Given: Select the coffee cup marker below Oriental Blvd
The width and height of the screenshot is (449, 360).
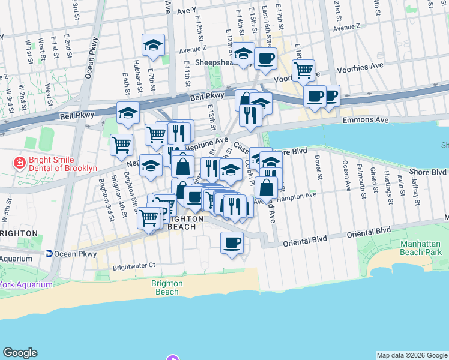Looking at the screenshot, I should click(232, 242).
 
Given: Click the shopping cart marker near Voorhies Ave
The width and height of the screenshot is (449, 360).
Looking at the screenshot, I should click(303, 70).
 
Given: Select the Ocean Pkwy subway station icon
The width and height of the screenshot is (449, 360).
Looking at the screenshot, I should click(49, 254).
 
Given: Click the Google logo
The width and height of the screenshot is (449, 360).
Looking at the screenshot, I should click(20, 353).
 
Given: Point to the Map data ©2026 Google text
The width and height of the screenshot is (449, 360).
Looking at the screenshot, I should click(411, 355).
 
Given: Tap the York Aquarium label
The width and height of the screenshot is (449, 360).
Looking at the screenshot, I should click(24, 284).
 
